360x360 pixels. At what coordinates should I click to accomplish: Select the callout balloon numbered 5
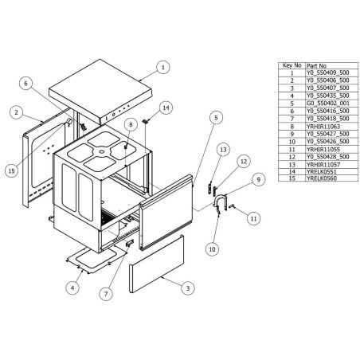(x=215, y=117)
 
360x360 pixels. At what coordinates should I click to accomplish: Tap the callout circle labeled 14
(x=165, y=107)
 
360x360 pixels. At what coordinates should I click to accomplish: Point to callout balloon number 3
(x=186, y=287)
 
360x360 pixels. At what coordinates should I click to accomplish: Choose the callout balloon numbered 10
(x=212, y=249)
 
